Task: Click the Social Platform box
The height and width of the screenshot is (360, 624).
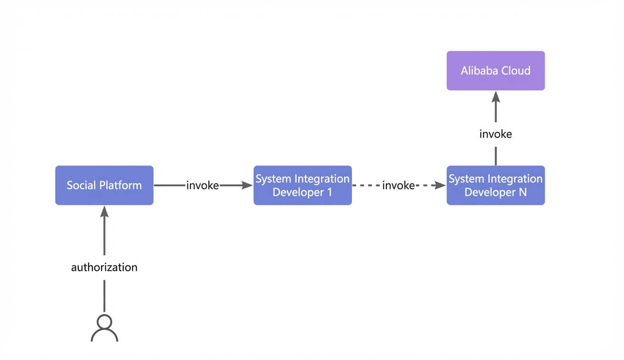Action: [x=104, y=186]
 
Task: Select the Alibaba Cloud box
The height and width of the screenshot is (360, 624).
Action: [x=496, y=71]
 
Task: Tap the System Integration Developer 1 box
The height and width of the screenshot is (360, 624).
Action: [x=302, y=186]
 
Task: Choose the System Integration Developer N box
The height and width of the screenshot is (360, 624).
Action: [x=496, y=186]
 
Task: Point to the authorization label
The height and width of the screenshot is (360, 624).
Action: [x=104, y=267]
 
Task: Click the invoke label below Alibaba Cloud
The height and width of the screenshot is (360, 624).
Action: [x=496, y=134]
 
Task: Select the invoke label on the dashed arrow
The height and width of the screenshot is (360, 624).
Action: [x=398, y=186]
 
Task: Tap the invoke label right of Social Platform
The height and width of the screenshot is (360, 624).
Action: [x=202, y=186]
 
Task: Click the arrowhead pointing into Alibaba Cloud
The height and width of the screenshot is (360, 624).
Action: [x=496, y=96]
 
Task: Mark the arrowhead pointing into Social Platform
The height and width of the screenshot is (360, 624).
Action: [x=105, y=211]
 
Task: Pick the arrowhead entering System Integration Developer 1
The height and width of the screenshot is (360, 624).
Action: [x=247, y=185]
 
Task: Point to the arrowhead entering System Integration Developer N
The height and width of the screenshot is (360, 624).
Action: [x=440, y=185]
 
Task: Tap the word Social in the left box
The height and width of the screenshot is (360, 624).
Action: [x=81, y=186]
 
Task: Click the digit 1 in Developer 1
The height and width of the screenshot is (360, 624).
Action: [x=330, y=192]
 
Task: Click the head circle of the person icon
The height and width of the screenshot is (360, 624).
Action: [x=105, y=322]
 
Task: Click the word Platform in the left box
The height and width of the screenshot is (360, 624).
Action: [x=120, y=186]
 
